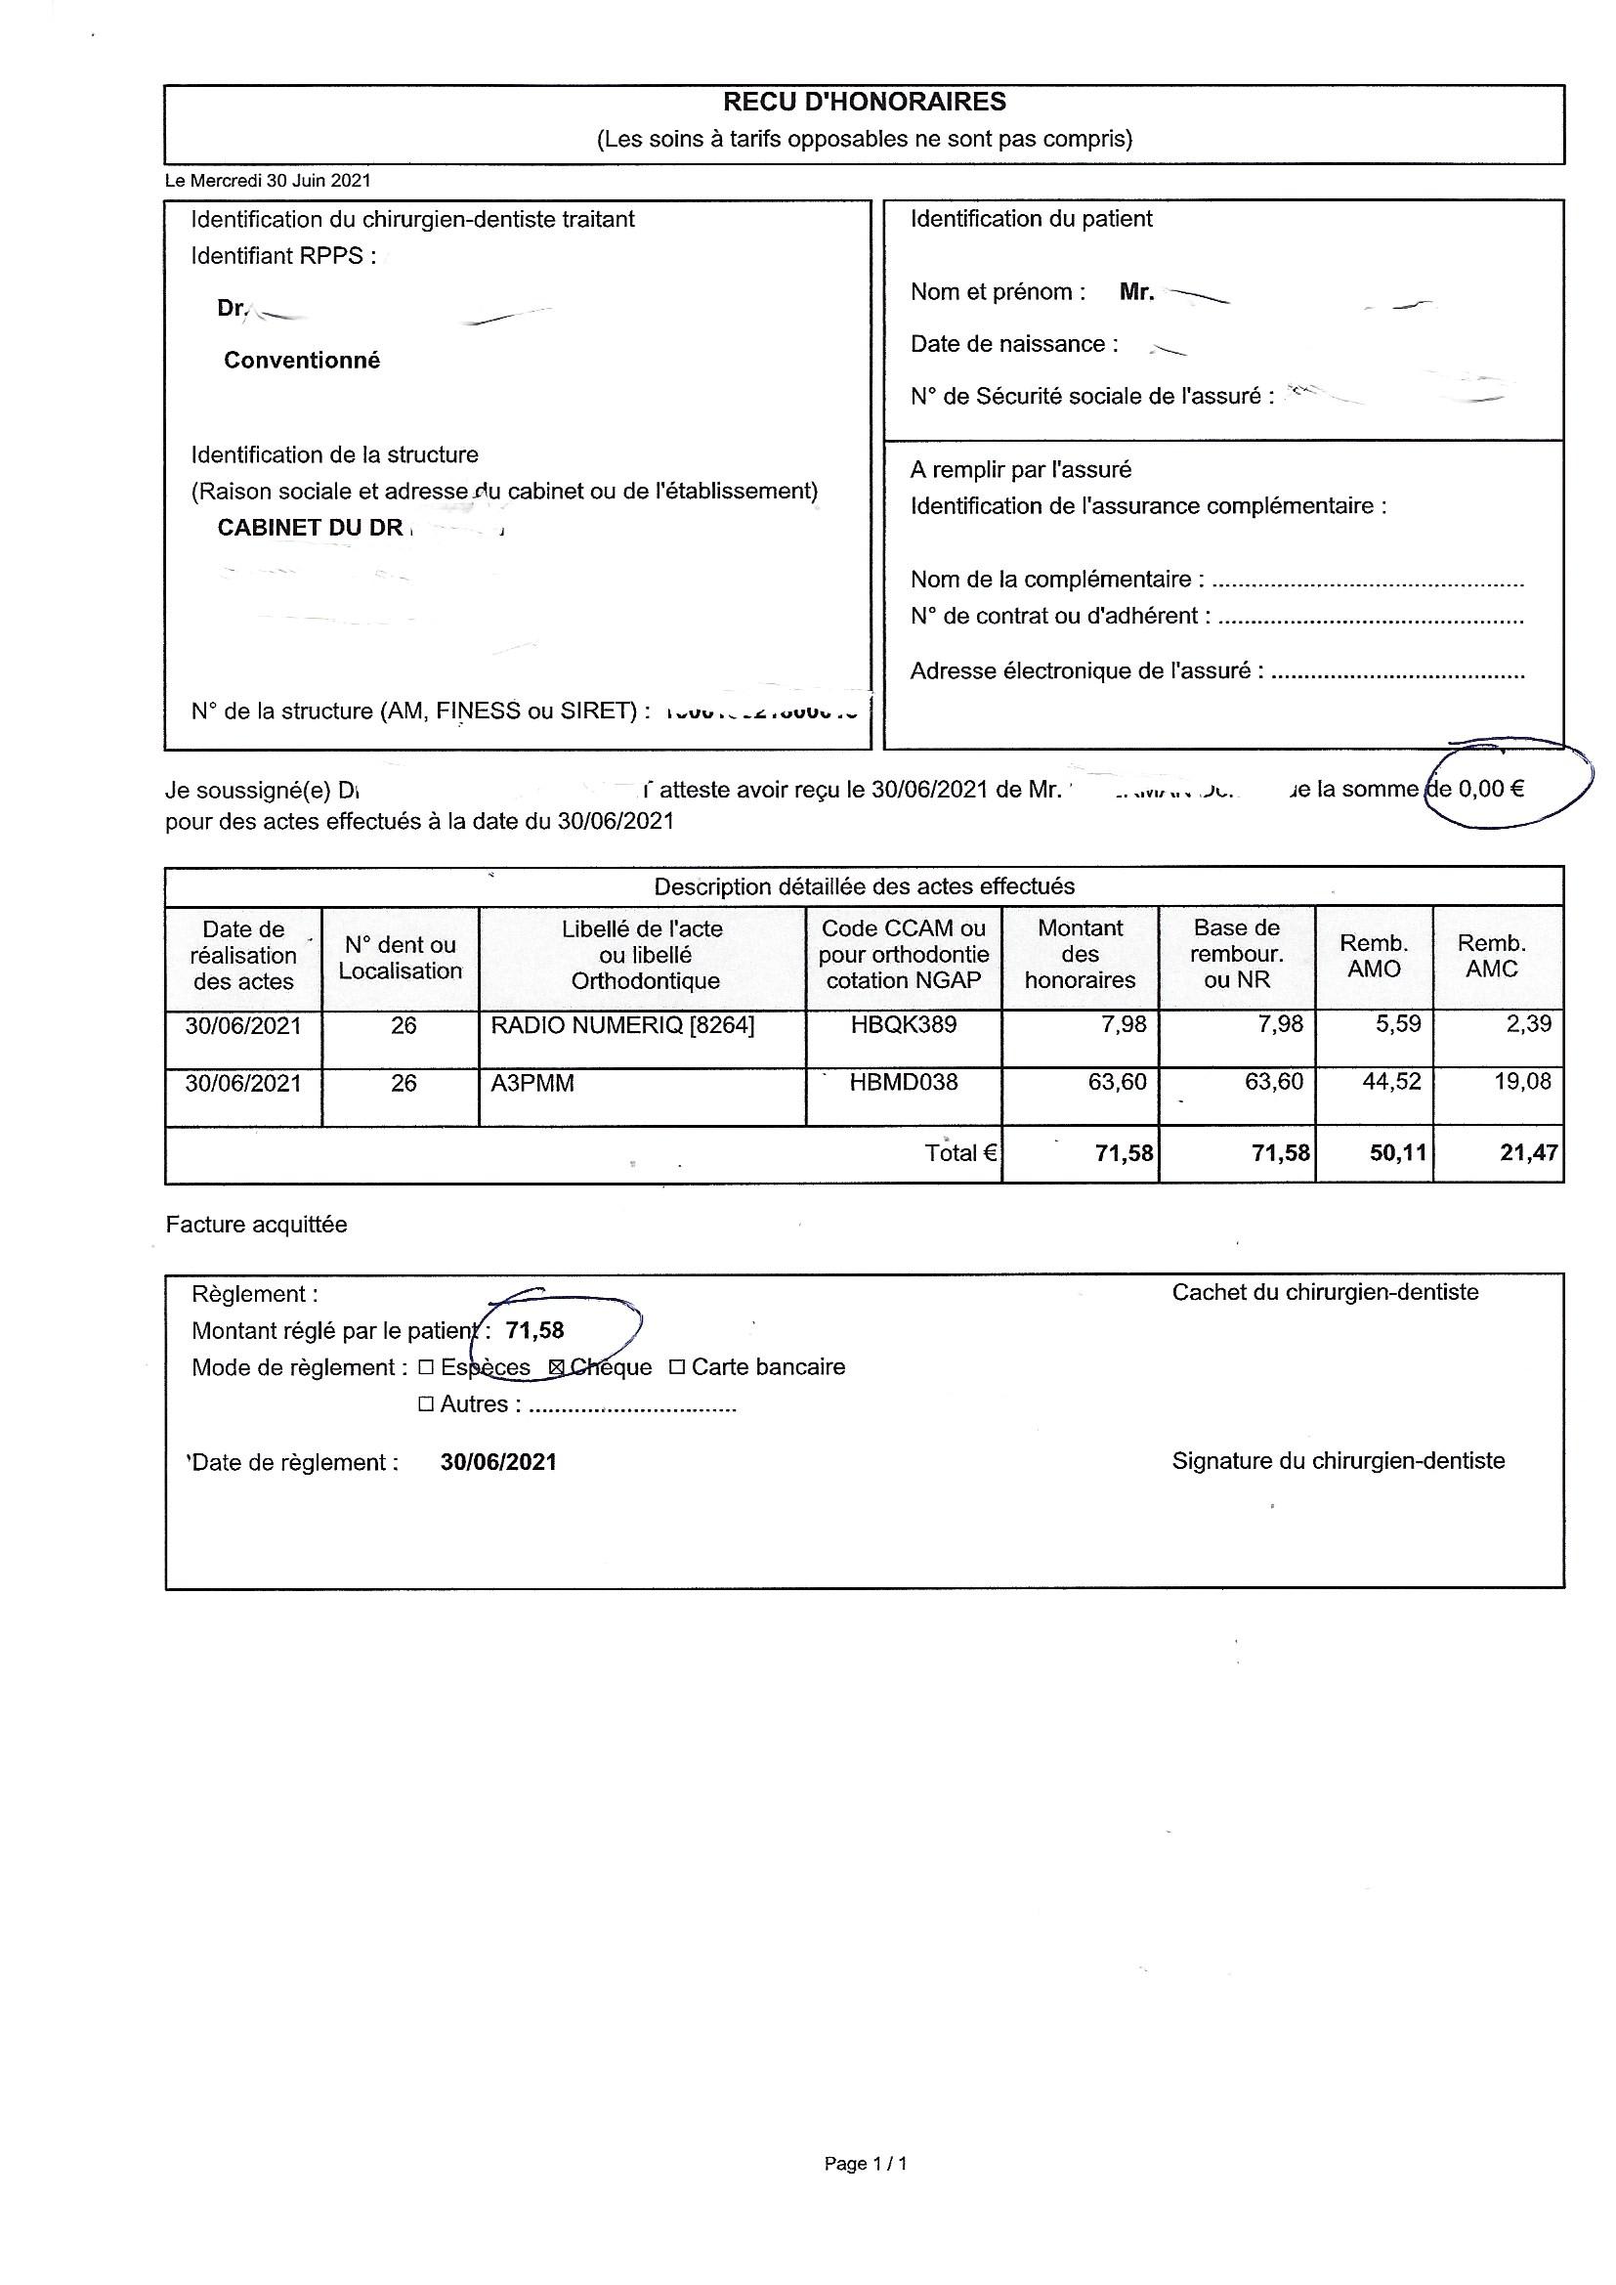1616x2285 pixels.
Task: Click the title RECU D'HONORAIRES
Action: [x=864, y=103]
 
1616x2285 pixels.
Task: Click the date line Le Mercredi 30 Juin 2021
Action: [x=268, y=181]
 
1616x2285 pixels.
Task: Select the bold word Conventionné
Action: [x=302, y=361]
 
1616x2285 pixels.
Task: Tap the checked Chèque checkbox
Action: [x=557, y=1368]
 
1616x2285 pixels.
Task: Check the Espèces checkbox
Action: [x=426, y=1368]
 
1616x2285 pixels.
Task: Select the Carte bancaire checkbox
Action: [x=677, y=1368]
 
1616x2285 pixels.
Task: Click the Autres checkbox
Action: [x=426, y=1405]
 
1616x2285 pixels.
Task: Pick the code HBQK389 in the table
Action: [x=903, y=1025]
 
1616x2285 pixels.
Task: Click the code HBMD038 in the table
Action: [x=903, y=1083]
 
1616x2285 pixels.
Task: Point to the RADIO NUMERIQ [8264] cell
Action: [x=623, y=1025]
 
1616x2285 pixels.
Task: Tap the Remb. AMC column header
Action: [x=1491, y=957]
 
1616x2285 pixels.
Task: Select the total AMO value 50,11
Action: [x=1397, y=1154]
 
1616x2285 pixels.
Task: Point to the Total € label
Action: [x=960, y=1154]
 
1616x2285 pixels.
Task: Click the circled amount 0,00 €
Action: [x=1491, y=790]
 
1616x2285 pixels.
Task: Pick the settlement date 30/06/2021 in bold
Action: [x=498, y=1463]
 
